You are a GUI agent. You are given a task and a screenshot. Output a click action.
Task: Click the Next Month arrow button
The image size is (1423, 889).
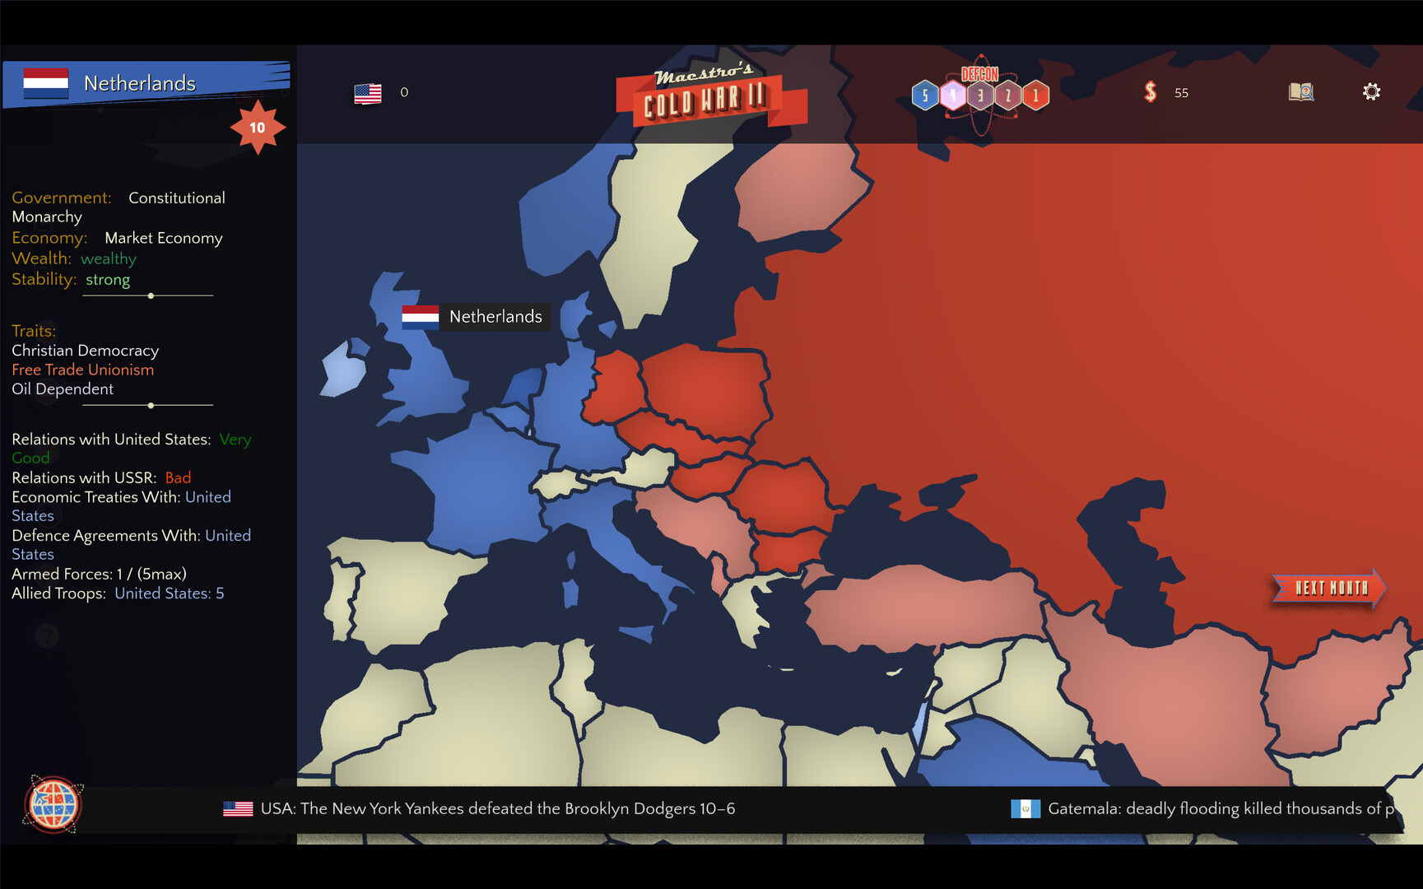click(1328, 588)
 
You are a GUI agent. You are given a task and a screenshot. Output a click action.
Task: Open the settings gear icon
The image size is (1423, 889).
click(1371, 91)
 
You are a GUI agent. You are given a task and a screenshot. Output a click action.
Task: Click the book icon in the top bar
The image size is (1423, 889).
click(1300, 91)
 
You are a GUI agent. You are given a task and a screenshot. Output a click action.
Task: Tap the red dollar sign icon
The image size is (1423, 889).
click(1151, 91)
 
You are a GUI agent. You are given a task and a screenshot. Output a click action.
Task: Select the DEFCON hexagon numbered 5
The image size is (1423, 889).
click(925, 95)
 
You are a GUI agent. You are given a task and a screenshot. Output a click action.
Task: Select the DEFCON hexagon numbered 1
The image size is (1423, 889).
click(1035, 95)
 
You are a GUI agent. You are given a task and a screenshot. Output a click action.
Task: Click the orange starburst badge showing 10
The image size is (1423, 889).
click(258, 128)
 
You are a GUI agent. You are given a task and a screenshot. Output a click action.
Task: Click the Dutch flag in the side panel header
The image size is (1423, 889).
click(46, 83)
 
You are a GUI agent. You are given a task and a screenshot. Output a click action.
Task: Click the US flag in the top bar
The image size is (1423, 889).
click(368, 93)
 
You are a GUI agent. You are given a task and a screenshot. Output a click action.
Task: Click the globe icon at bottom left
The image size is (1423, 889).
click(53, 804)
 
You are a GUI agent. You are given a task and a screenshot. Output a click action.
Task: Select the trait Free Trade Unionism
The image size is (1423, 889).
click(82, 370)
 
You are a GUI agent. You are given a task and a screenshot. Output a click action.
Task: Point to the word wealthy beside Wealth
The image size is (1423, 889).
click(109, 258)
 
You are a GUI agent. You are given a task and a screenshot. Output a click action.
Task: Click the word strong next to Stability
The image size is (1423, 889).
click(108, 279)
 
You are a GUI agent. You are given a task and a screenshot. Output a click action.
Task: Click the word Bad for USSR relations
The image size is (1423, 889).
click(178, 477)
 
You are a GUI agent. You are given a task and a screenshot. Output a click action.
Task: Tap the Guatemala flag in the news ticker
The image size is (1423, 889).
click(1025, 809)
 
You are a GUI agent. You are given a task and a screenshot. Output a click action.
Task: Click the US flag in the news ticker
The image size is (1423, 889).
click(238, 809)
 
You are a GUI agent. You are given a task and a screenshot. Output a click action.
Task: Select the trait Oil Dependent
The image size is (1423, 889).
click(63, 389)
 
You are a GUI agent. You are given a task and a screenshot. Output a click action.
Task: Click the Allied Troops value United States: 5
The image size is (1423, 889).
click(169, 593)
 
